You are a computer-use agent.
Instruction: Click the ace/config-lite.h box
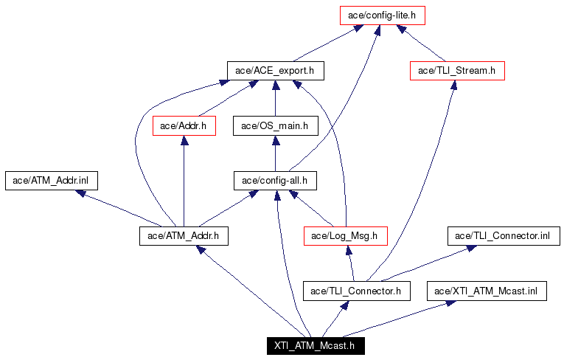click(383, 15)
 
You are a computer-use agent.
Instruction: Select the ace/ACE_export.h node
click(275, 71)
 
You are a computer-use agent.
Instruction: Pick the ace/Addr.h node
click(184, 126)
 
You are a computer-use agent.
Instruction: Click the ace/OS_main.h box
click(275, 126)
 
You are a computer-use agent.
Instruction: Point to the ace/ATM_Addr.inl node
click(52, 181)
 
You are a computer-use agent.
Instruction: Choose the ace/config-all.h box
click(275, 181)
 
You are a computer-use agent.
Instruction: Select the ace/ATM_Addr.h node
click(184, 236)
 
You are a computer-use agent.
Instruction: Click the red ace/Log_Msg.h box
click(345, 236)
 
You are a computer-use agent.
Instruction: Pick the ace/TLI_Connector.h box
click(355, 291)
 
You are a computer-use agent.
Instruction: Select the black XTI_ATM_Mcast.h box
click(315, 345)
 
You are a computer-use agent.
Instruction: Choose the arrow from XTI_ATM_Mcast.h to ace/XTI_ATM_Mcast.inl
click(398, 319)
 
